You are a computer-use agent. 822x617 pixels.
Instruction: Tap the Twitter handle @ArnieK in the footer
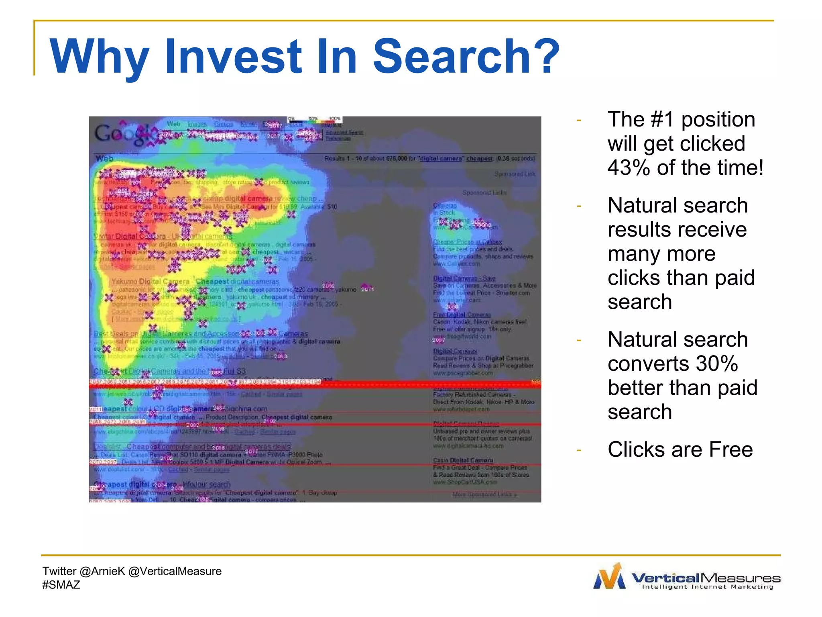[102, 571]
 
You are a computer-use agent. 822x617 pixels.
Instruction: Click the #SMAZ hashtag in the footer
[61, 585]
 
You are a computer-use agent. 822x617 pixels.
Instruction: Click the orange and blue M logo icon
[609, 577]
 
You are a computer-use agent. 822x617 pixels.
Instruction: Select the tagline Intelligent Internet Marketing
[707, 587]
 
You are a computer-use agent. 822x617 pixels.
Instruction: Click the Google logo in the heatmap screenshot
[122, 133]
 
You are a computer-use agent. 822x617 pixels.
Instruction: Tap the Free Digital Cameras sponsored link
[462, 315]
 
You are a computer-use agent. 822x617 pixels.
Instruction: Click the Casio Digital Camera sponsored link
[463, 460]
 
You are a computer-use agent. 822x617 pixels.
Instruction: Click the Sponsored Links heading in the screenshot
[484, 193]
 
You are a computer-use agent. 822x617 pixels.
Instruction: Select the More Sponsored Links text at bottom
[484, 494]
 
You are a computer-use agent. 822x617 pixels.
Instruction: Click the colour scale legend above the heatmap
[314, 120]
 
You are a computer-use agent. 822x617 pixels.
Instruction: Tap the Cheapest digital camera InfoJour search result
[162, 484]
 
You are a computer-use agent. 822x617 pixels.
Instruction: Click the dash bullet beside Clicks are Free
[579, 450]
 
